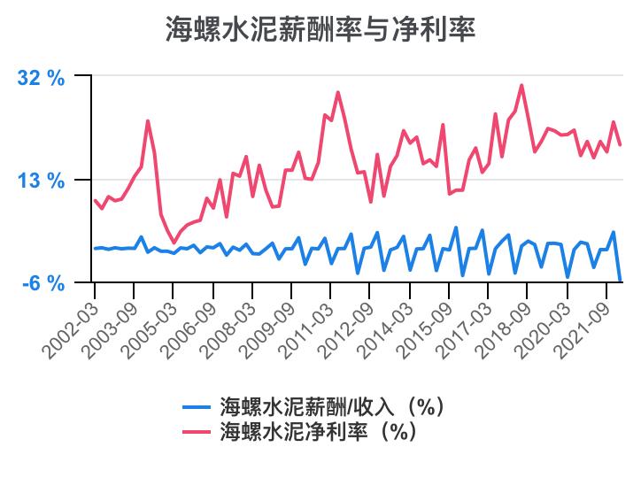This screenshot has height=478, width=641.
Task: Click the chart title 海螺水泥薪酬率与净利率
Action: [x=320, y=30]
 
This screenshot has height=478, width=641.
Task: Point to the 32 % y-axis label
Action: [x=42, y=78]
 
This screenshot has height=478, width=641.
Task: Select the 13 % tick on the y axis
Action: [x=42, y=181]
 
